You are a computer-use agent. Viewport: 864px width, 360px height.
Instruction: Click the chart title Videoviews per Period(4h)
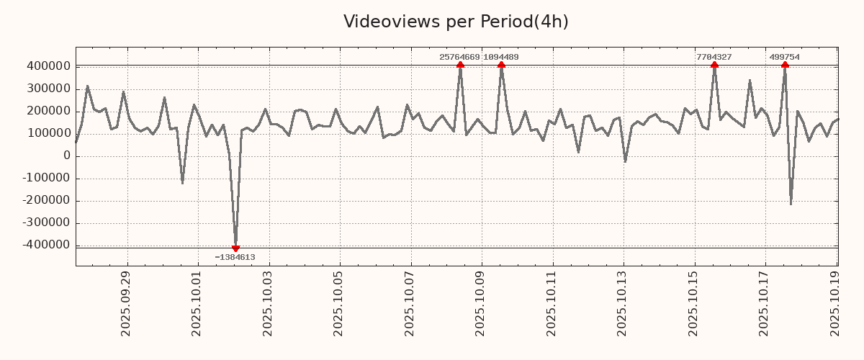pyautogui.click(x=456, y=22)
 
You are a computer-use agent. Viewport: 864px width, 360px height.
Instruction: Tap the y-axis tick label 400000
pyautogui.click(x=48, y=66)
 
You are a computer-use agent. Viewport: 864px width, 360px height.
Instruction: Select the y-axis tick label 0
pyautogui.click(x=66, y=156)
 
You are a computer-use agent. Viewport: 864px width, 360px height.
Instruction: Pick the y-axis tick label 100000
pyautogui.click(x=48, y=134)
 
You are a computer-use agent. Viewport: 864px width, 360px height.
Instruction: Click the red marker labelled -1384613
pyautogui.click(x=235, y=248)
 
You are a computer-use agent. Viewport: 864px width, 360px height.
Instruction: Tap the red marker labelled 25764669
pyautogui.click(x=460, y=65)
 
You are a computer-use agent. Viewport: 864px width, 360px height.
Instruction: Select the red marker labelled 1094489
pyautogui.click(x=501, y=65)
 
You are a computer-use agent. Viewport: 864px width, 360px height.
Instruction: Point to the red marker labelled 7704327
pyautogui.click(x=714, y=65)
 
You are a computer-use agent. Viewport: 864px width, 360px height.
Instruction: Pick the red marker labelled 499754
pyautogui.click(x=785, y=65)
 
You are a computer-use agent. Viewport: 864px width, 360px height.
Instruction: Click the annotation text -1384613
pyautogui.click(x=235, y=257)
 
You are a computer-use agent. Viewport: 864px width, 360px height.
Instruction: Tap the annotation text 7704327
pyautogui.click(x=714, y=57)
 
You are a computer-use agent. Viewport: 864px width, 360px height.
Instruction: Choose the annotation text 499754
pyautogui.click(x=784, y=57)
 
